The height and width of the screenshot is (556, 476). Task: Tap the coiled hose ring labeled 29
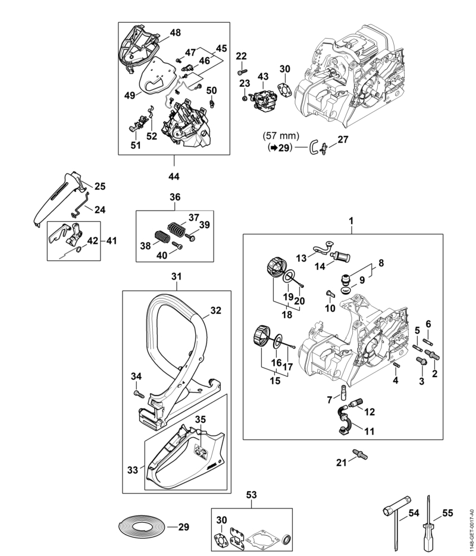coord(141,527)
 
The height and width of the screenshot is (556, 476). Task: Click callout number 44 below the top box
coord(174,176)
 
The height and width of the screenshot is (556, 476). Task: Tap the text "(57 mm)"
coord(281,136)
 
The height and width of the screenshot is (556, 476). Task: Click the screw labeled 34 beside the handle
coord(139,393)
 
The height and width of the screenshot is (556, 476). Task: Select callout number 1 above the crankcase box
coord(351,221)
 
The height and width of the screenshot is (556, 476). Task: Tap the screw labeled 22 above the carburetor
coord(241,72)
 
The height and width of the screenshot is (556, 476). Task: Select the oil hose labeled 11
coord(344,419)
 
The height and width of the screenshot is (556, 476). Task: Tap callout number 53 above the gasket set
coord(251,495)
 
